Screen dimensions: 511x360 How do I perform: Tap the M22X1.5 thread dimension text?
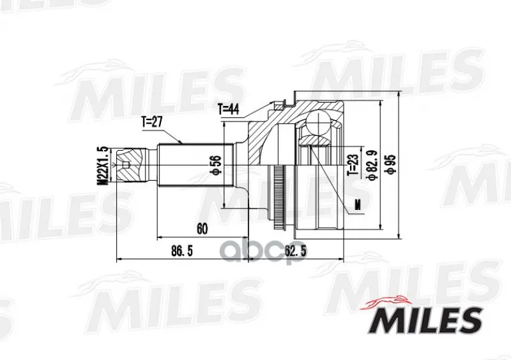(103, 165)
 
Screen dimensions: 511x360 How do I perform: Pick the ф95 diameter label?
(391, 164)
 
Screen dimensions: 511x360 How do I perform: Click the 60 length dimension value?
(202, 229)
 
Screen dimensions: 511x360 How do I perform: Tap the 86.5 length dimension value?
(182, 251)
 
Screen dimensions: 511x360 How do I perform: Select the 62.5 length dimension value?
(296, 251)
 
